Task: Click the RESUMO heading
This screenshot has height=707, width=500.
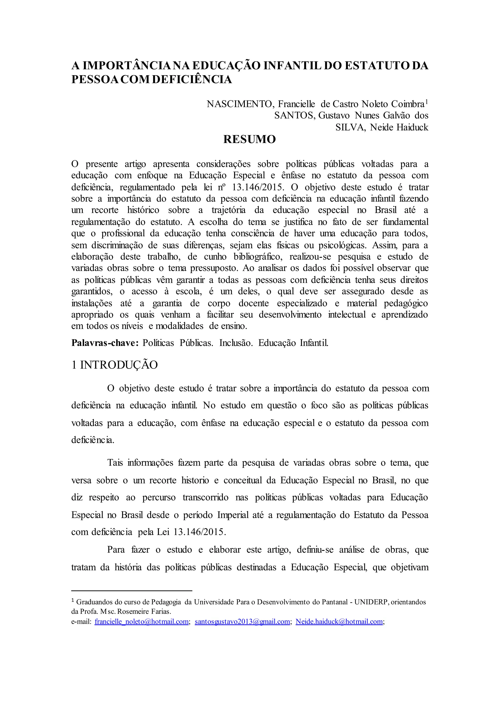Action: click(x=249, y=139)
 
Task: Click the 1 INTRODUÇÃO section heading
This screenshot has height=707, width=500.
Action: click(x=115, y=365)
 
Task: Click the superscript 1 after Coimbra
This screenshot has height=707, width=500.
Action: click(x=427, y=101)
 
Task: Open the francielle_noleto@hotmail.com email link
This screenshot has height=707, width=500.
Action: click(x=141, y=621)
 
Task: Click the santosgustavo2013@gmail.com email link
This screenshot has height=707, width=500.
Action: click(x=242, y=621)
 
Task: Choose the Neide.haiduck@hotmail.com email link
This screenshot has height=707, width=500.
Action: click(x=339, y=621)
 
